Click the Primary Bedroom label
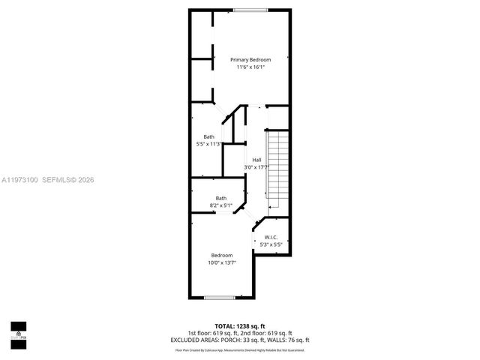point(250,59)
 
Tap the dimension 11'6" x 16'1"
point(250,67)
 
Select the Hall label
point(256,160)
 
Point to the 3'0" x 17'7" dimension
point(256,167)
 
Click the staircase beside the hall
point(277,169)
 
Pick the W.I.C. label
point(271,238)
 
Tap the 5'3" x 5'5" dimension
point(271,244)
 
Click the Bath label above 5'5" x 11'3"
point(208,136)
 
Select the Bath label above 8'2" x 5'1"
point(221,198)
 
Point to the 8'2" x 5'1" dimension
point(221,205)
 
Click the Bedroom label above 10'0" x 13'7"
point(221,255)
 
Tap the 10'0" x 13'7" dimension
point(221,262)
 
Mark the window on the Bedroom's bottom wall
point(220,298)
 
